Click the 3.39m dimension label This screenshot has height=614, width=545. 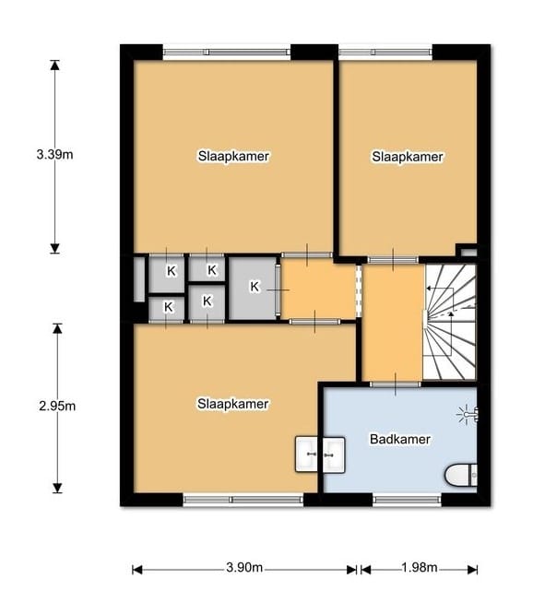point(54,155)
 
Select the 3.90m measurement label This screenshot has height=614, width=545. point(245,567)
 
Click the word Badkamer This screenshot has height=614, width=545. point(399,439)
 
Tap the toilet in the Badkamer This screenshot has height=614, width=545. point(462,475)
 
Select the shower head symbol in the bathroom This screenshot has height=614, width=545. point(468,415)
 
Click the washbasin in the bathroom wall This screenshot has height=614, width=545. point(320,452)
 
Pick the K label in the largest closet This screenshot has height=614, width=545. point(255,287)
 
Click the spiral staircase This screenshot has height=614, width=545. point(450,323)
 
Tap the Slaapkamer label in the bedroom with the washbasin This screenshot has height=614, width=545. point(232,404)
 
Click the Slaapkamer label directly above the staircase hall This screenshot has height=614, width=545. point(408,157)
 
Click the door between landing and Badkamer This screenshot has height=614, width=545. point(396,384)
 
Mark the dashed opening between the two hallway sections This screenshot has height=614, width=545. point(358,290)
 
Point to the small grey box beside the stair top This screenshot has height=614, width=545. point(467,251)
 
